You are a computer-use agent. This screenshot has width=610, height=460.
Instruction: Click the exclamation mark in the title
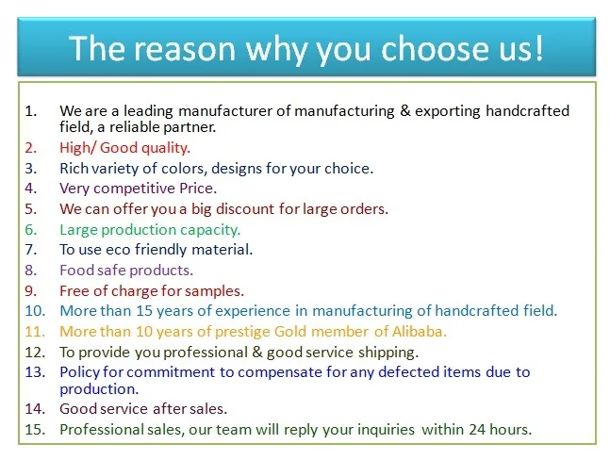538,47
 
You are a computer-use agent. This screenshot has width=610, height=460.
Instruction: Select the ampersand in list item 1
405,111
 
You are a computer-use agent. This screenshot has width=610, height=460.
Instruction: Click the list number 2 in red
31,148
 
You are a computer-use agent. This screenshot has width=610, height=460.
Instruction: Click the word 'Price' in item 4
198,189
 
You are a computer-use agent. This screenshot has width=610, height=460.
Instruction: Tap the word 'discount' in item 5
245,209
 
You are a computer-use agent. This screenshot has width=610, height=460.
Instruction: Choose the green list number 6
31,229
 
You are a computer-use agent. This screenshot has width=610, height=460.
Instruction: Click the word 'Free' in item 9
74,291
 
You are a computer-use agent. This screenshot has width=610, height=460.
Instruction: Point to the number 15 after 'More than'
143,311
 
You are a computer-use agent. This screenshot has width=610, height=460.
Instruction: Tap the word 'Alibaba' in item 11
419,331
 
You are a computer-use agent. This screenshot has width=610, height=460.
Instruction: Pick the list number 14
35,409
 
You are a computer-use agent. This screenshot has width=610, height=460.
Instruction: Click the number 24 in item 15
477,429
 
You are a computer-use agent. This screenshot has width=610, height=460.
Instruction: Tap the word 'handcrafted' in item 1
528,111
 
